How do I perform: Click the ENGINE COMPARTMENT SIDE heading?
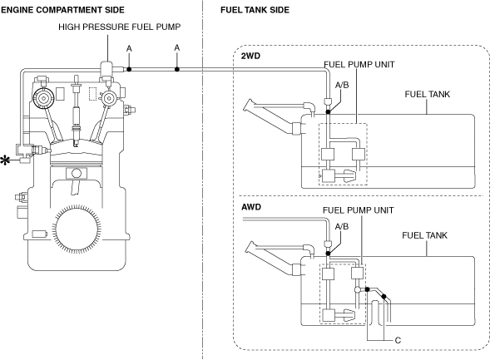click(x=62, y=10)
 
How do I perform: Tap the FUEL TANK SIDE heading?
click(x=255, y=10)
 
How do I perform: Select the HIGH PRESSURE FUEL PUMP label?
click(x=119, y=27)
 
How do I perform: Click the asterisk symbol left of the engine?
click(x=5, y=160)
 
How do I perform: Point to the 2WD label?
click(x=250, y=57)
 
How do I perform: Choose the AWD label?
click(x=251, y=207)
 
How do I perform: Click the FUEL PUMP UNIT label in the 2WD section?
click(x=359, y=65)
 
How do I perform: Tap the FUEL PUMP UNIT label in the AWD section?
click(x=358, y=210)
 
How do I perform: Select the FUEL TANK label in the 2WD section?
click(x=427, y=94)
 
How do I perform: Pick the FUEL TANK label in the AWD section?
click(x=424, y=235)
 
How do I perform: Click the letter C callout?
click(x=398, y=340)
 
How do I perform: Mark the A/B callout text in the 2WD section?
click(x=342, y=85)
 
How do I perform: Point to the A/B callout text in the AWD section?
click(x=342, y=226)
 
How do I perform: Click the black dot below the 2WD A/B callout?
click(x=328, y=111)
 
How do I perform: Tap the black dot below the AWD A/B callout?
click(x=328, y=254)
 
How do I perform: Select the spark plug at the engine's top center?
click(x=76, y=111)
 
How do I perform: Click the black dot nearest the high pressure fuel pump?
click(x=129, y=69)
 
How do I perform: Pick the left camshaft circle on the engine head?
click(x=42, y=98)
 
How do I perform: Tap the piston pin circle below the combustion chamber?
click(x=77, y=173)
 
